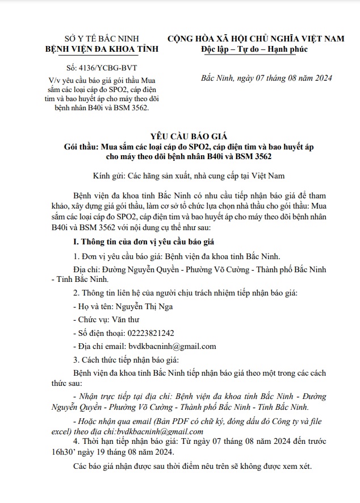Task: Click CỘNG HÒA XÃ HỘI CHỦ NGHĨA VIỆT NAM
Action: [256, 38]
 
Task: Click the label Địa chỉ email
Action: [101, 346]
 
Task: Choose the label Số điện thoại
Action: [100, 333]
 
